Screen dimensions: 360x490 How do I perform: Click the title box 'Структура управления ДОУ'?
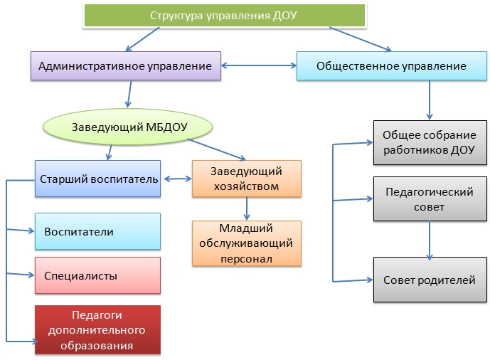(223, 16)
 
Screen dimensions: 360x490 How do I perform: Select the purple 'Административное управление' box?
(125, 66)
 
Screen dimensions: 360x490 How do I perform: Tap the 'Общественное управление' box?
(390, 66)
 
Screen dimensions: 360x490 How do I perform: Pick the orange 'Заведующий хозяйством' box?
(246, 179)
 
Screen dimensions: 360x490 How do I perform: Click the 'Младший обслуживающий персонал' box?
(246, 243)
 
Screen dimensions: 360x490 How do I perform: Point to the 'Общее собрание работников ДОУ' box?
(427, 142)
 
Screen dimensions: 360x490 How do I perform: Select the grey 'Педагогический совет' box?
(427, 199)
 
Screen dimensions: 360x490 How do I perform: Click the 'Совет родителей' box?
(427, 280)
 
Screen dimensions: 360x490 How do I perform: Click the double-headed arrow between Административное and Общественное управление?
(259, 66)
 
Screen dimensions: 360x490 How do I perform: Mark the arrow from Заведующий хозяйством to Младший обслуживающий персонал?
(247, 208)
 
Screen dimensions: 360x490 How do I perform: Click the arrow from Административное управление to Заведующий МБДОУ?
(129, 92)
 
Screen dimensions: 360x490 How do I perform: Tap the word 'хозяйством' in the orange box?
(246, 186)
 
